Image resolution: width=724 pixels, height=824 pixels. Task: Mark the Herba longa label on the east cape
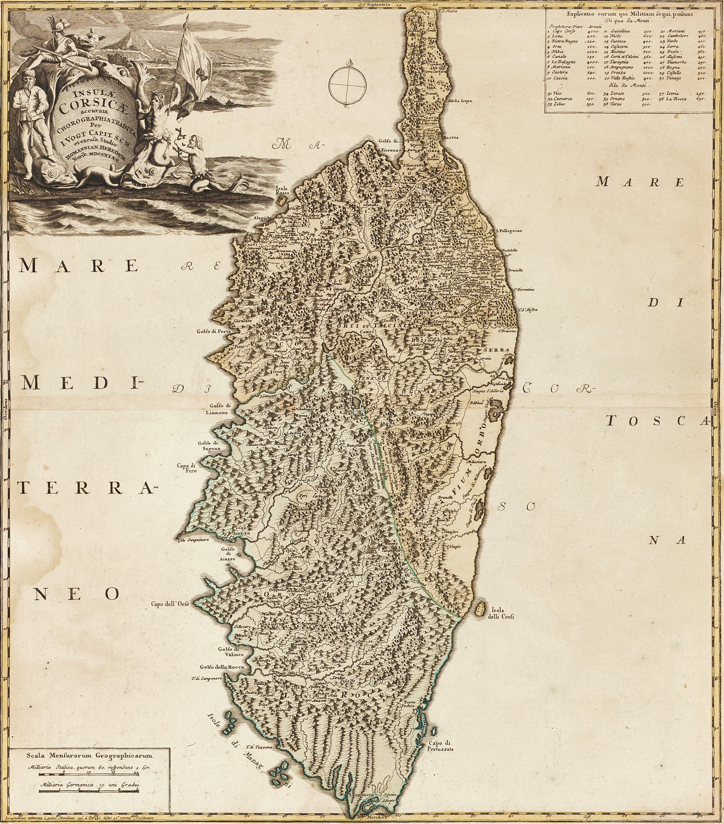click(x=459, y=101)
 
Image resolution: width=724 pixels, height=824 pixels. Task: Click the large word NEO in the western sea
click(x=77, y=593)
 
